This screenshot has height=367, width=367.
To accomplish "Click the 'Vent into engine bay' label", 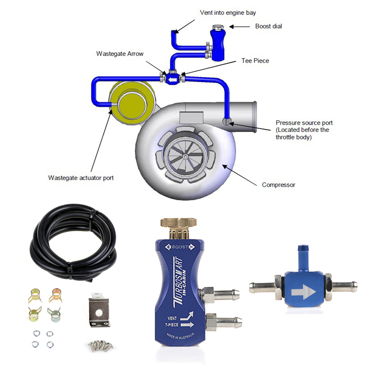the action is [x=228, y=12].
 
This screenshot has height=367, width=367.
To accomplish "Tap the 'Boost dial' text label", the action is [x=269, y=26].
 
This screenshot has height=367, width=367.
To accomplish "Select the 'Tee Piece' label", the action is [x=255, y=61].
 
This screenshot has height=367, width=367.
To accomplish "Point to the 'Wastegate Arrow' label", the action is [x=120, y=54].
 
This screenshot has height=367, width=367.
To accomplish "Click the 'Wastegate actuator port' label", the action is [x=81, y=178].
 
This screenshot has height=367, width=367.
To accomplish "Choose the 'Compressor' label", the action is [x=279, y=185].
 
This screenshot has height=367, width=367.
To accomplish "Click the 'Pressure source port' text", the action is [x=304, y=123].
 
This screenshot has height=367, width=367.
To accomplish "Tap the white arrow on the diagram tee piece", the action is [x=172, y=80].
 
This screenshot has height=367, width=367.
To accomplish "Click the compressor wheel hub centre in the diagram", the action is [x=185, y=156].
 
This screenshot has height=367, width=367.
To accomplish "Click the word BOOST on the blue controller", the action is [x=180, y=247].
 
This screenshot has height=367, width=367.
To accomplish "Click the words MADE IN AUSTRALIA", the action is [x=181, y=337].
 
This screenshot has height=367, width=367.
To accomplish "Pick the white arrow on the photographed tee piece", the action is [x=304, y=292].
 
